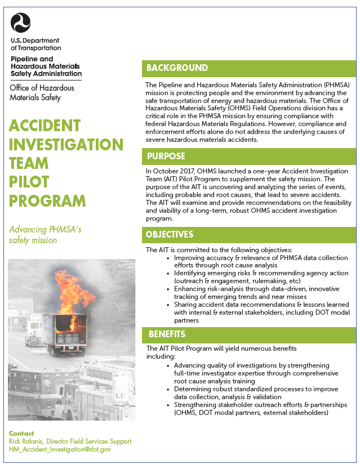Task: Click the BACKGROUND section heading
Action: click(x=177, y=68)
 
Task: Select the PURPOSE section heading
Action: click(x=166, y=156)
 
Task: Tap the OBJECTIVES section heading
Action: click(x=170, y=234)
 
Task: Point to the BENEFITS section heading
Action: click(x=167, y=334)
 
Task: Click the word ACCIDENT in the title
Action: click(x=45, y=125)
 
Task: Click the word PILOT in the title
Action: click(x=29, y=182)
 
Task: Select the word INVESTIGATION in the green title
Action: click(x=66, y=144)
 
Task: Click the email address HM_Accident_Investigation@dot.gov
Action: click(x=60, y=449)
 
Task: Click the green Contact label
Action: click(x=21, y=434)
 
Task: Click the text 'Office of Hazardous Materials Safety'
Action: click(x=42, y=92)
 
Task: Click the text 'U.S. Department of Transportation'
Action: click(x=35, y=44)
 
